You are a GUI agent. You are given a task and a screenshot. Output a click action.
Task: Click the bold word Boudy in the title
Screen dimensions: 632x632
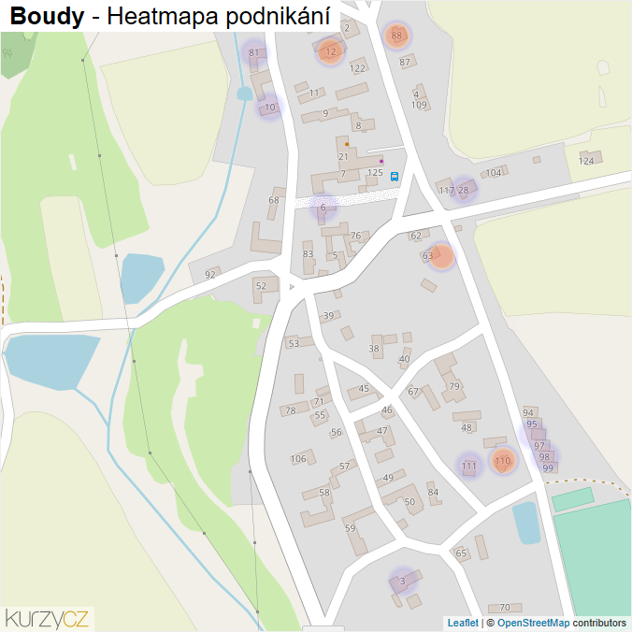pos(46,16)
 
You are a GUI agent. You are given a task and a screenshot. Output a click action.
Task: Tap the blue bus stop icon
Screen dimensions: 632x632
pos(395,175)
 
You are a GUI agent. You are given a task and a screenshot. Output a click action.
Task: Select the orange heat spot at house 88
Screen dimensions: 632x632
pos(396,36)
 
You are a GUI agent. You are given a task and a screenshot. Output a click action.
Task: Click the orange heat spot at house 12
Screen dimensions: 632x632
pos(329,51)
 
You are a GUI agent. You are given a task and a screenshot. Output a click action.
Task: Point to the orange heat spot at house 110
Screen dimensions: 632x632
pos(503,460)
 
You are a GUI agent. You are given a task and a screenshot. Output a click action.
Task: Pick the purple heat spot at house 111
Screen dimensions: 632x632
pos(469,466)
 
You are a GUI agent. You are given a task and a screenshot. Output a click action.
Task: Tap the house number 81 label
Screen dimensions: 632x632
pos(253,52)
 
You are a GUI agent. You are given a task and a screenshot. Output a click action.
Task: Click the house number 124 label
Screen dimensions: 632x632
pos(586,161)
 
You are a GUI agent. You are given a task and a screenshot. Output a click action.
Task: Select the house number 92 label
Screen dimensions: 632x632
pos(210,274)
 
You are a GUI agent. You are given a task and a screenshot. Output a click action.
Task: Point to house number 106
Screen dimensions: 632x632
pos(298,458)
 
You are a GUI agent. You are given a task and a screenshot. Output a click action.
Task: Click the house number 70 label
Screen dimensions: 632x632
pos(505,608)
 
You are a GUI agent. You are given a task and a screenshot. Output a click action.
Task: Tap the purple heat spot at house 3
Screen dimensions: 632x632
pos(402,582)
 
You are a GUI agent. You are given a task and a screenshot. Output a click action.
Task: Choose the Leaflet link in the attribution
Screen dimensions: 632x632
pos(462,623)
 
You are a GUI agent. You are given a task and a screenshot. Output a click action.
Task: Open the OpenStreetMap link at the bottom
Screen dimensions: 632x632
pos(533,623)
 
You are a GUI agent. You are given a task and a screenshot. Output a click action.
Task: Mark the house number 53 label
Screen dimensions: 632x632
pos(294,343)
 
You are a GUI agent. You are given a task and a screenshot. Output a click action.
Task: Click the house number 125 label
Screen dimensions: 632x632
pos(376,173)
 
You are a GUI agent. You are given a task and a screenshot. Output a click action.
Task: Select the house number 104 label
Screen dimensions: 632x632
pos(494,173)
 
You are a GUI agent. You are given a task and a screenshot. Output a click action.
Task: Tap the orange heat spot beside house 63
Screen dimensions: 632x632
pos(441,255)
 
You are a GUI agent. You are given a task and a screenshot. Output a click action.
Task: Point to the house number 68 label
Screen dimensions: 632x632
pos(274,200)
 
